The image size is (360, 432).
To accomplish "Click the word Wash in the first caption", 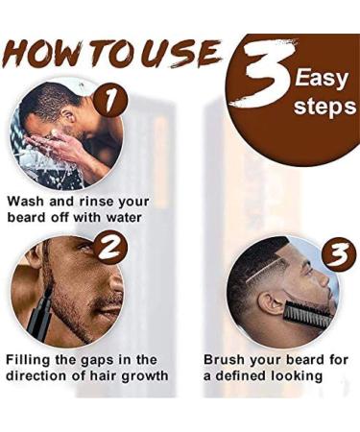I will coord(30,203).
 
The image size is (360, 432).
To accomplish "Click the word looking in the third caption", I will coord(304,375).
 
